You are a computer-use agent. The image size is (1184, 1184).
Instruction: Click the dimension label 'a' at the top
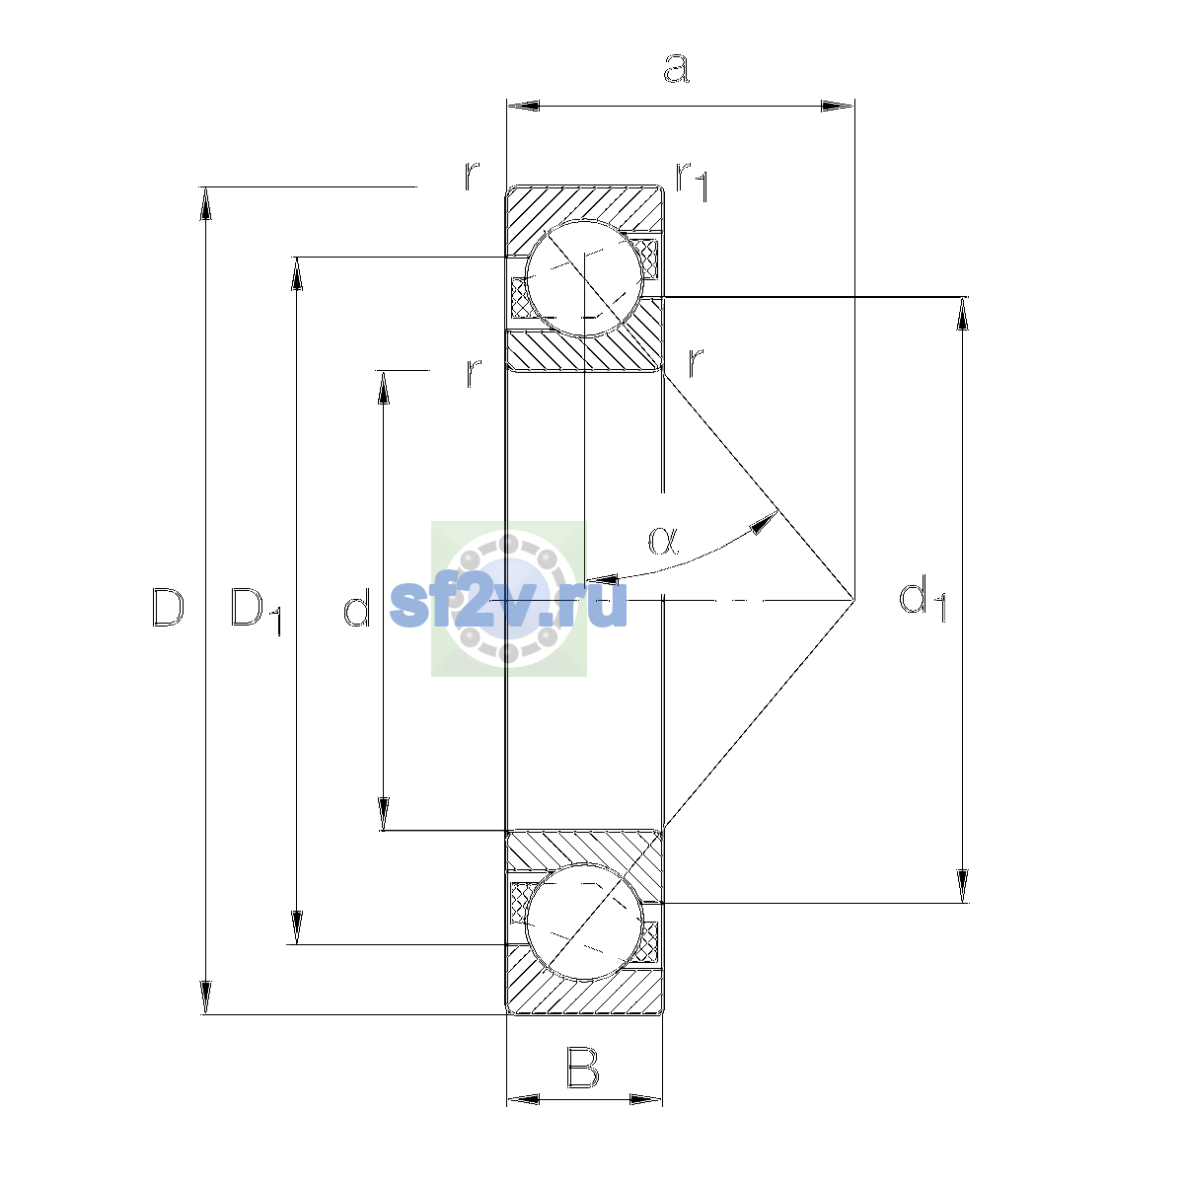point(677,68)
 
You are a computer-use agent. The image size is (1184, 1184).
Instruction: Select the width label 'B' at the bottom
point(582,1069)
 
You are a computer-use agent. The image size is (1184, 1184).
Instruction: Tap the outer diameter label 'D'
point(168,607)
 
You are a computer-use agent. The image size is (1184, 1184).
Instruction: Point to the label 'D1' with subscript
point(256,611)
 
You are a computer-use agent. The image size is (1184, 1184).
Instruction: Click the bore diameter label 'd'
point(357,607)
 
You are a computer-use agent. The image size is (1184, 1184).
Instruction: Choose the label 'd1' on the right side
point(922,598)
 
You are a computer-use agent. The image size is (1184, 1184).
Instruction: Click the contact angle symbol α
point(664,541)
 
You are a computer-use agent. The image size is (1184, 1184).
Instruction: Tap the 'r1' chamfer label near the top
point(693,182)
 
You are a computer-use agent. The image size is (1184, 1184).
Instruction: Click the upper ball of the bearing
point(584,278)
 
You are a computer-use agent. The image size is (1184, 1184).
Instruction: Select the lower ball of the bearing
point(584,922)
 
